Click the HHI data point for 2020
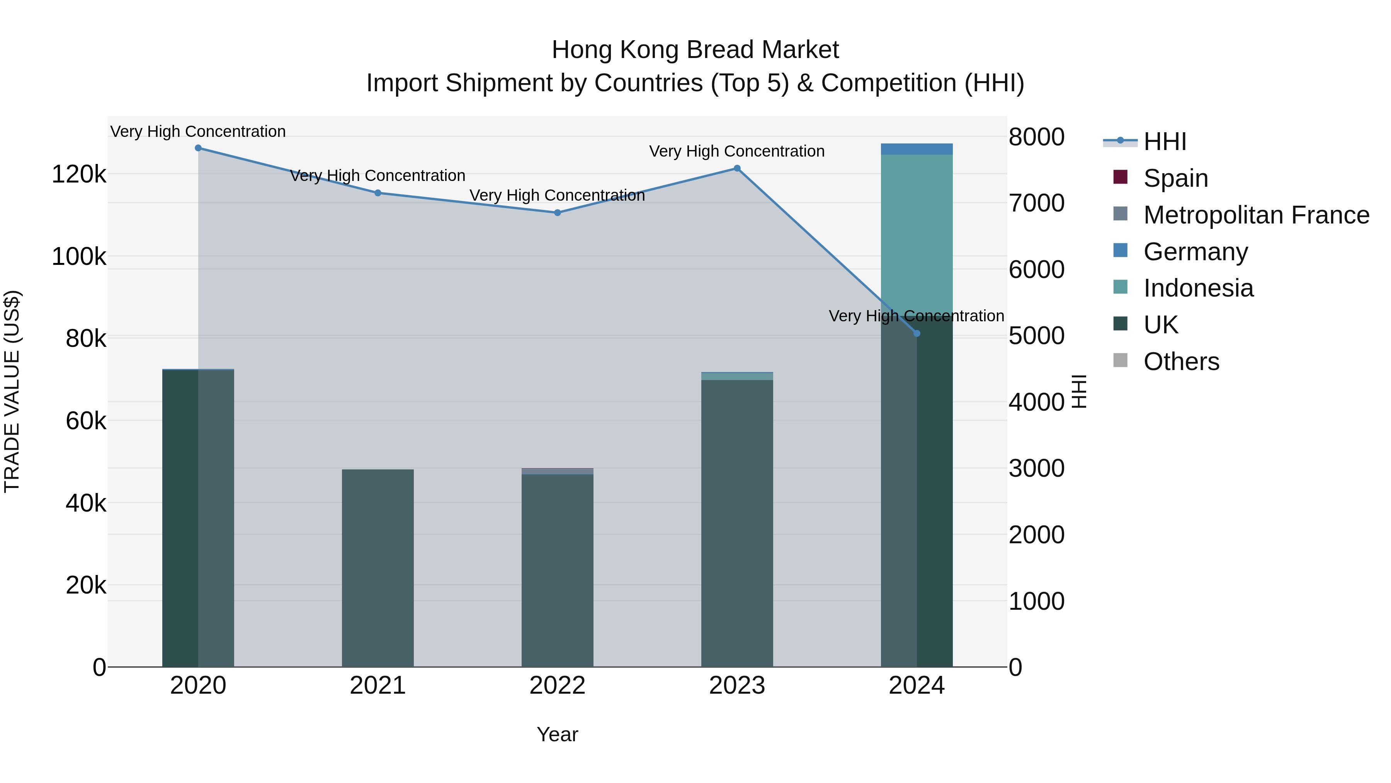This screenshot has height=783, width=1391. coord(198,148)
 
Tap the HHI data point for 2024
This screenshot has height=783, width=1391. coord(917,333)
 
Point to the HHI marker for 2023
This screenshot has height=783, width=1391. coord(737,168)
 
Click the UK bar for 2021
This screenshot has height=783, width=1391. coord(378,567)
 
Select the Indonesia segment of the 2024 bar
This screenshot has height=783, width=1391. coord(917,232)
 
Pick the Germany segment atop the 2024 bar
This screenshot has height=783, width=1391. coord(917,148)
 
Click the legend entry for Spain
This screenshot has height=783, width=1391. coord(1175,178)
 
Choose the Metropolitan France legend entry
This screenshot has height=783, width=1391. coord(1255,215)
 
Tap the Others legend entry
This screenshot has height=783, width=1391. coord(1181,361)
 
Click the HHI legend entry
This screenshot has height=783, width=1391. coord(1164,141)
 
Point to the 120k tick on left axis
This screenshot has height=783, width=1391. coord(79,174)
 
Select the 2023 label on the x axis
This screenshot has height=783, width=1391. coord(737,685)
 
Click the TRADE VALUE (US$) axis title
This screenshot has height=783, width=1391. coord(12,391)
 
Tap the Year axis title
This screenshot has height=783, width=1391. coord(557,734)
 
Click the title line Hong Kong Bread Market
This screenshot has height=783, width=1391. coord(695,50)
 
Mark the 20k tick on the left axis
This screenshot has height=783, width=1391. coord(85,585)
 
